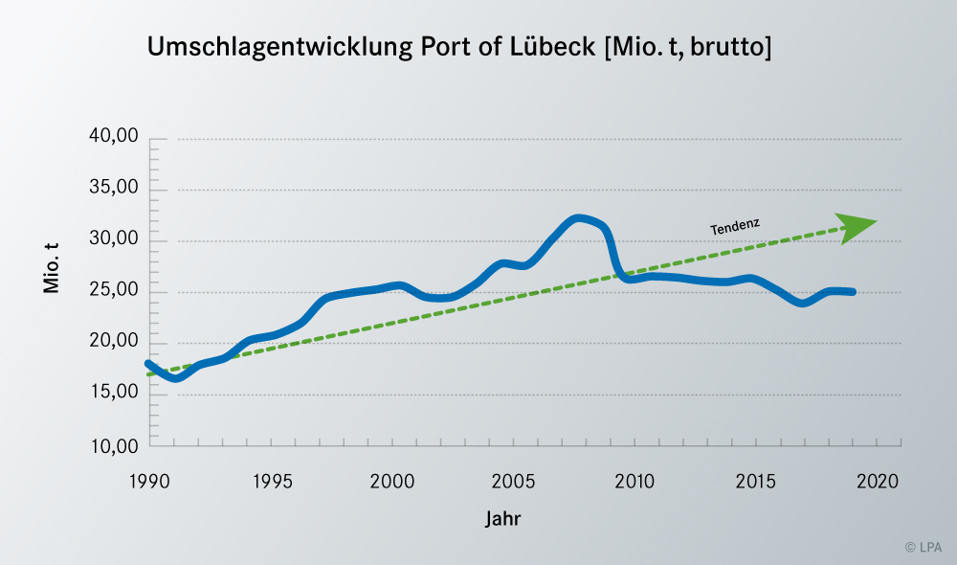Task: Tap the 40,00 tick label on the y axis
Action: [114, 138]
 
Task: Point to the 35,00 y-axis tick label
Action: [114, 189]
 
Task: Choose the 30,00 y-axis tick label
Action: [114, 240]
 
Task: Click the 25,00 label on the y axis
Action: [114, 291]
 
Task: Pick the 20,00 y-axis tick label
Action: [114, 343]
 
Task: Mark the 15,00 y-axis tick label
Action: [114, 394]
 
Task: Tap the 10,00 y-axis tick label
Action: [114, 445]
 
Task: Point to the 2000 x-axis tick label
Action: [392, 481]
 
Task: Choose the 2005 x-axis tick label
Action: [514, 481]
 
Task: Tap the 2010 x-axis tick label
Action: [635, 481]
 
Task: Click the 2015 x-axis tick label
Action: [757, 481]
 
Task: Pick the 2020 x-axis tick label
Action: [879, 481]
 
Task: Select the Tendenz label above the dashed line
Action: [735, 226]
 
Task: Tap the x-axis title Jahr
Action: [502, 519]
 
